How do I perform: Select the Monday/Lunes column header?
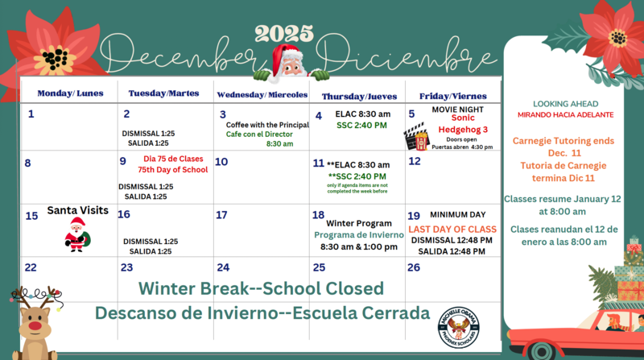70,93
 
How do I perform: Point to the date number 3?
223,114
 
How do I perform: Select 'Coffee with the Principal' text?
266,125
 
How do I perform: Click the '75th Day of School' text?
172,170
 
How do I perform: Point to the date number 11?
319,163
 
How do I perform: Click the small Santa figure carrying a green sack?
77,234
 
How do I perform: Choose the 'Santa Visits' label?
77,210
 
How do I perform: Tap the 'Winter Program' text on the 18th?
358,223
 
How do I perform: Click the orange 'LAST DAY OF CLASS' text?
452,230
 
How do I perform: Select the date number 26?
414,267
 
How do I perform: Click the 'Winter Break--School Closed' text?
261,288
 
